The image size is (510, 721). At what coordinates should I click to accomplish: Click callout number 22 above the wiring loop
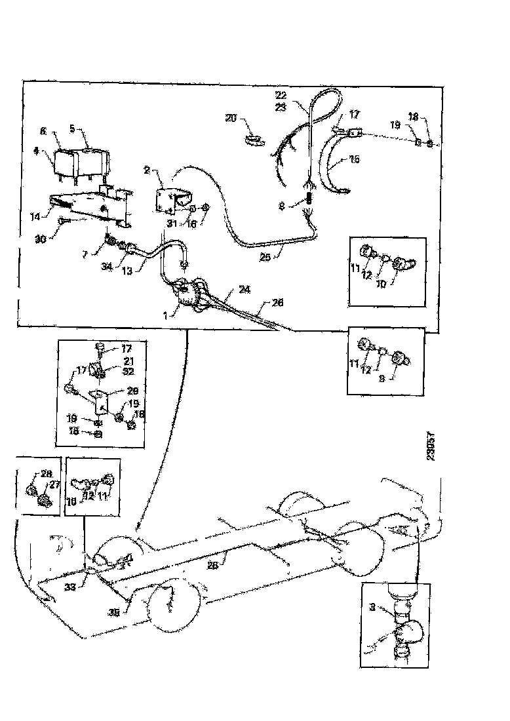click(x=281, y=94)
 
